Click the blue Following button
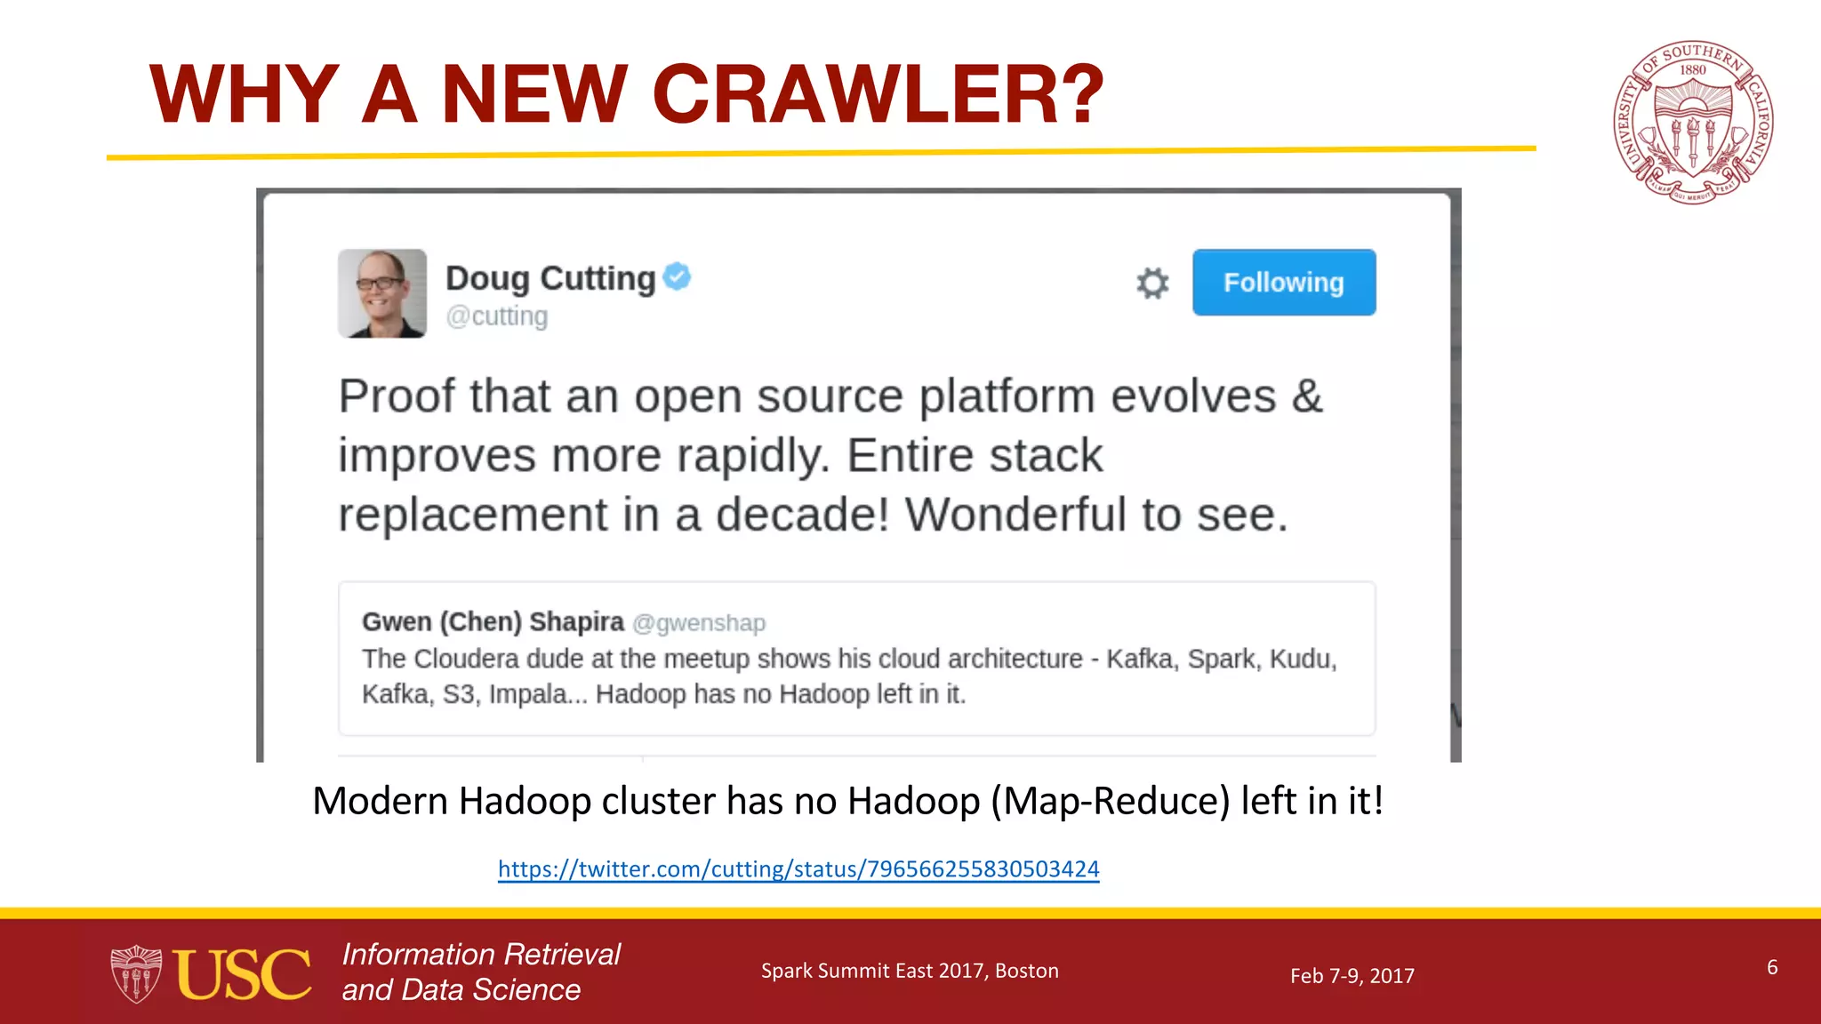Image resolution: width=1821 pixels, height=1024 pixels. coord(1283,283)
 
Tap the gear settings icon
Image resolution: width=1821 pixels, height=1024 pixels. coord(1152,284)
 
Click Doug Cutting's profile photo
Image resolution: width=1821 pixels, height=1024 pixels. coord(382,293)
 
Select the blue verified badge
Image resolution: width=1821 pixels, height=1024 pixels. coord(678,276)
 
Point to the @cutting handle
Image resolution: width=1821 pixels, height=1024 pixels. coord(497,316)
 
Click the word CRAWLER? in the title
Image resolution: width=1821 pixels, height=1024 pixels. coord(878,94)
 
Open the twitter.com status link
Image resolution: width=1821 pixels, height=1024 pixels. coord(798,868)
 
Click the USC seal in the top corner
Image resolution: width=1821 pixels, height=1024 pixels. coord(1692,122)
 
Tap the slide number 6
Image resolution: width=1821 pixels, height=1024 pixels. coord(1772,967)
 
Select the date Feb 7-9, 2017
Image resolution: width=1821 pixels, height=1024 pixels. coord(1352,976)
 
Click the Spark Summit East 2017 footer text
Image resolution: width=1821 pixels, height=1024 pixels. coord(910,971)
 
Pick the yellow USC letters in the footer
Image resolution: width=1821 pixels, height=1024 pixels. coord(242,974)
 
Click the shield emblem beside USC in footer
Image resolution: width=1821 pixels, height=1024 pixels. coord(136,974)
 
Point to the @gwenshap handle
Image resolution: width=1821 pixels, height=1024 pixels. coord(699,623)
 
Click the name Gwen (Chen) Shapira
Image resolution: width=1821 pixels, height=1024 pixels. coord(493,621)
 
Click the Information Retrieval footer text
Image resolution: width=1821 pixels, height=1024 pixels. coord(481,954)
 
